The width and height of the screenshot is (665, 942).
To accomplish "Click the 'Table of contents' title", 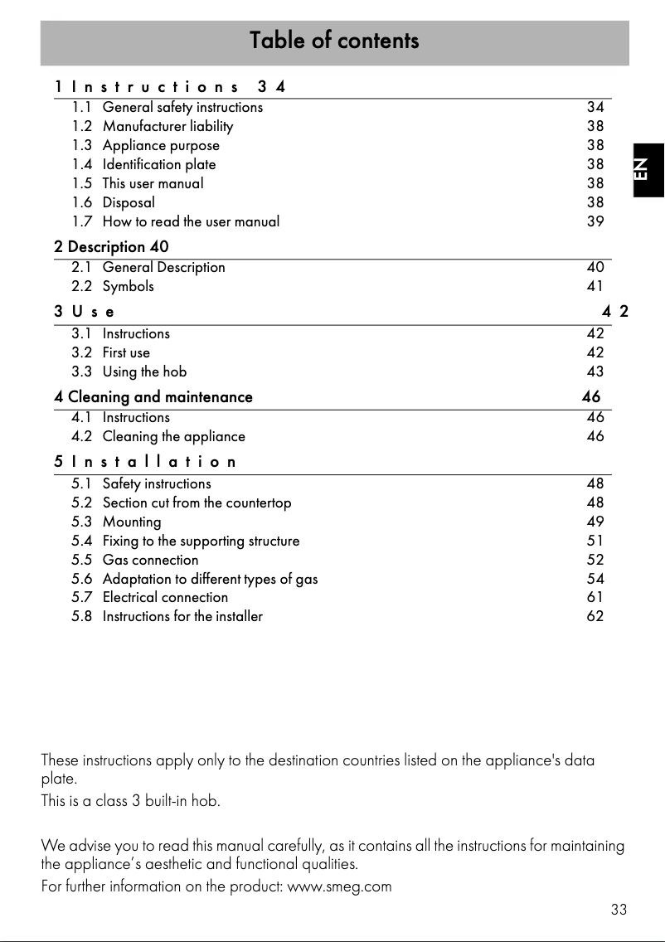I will point(334,41).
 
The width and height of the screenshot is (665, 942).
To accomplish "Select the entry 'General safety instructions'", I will point(182,107).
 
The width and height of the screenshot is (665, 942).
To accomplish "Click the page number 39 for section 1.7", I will point(595,221).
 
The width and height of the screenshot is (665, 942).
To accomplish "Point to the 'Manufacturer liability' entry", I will point(167,126).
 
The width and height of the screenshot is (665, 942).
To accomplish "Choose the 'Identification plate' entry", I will point(159,164).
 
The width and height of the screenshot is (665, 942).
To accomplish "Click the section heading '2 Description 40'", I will point(111,247).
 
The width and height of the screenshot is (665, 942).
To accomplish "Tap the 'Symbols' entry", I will point(128,286).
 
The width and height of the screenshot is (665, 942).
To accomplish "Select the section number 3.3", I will point(82,371).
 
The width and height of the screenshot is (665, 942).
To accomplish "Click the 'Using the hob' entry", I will point(144,371).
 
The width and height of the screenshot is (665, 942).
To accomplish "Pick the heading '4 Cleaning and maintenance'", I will point(153,397).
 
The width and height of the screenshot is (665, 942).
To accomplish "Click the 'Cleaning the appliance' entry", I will point(173,436).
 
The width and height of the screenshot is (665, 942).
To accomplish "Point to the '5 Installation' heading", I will point(145,462).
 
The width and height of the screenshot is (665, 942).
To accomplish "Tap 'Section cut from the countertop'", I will point(197,503).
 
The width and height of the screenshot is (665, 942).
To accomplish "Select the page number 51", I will point(595,541).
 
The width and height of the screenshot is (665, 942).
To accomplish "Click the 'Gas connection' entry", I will point(150,560).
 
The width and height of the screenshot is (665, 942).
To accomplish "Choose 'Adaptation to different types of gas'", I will point(210,579).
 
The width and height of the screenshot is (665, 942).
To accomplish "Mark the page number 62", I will point(595,616).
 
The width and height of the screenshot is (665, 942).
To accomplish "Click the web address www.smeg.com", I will point(338,886).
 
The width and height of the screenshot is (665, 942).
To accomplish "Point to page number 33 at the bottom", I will point(619,910).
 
